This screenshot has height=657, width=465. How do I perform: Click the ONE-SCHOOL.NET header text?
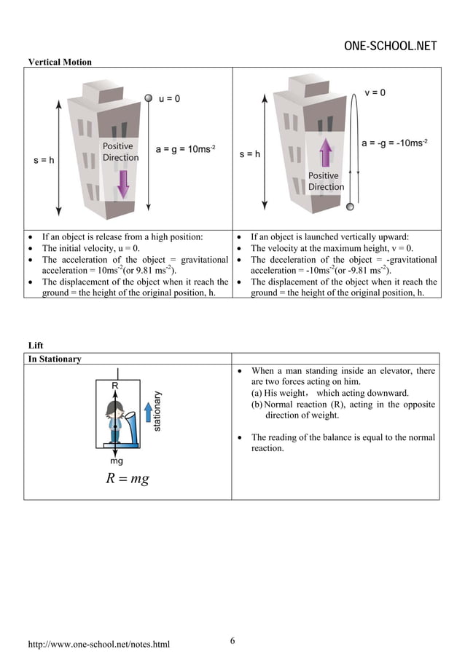[390, 47]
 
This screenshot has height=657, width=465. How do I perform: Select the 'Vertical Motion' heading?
[60, 62]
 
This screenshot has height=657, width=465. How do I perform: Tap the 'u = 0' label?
[170, 98]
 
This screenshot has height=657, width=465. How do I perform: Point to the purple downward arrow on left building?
[123, 183]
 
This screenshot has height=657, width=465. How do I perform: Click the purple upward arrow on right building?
[326, 155]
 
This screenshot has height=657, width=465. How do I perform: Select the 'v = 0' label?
[375, 92]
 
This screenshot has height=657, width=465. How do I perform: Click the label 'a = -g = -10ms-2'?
[394, 143]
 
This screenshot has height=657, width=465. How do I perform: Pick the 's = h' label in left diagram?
[44, 161]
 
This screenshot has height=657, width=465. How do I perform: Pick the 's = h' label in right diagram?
[250, 154]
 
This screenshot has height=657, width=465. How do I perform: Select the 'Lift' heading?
[35, 346]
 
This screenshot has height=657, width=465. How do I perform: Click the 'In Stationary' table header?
[55, 359]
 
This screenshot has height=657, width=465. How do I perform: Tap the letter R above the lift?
[115, 385]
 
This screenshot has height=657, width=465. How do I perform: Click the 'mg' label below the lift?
[116, 461]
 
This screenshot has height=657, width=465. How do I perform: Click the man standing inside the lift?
[114, 421]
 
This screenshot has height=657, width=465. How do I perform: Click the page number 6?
[232, 640]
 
